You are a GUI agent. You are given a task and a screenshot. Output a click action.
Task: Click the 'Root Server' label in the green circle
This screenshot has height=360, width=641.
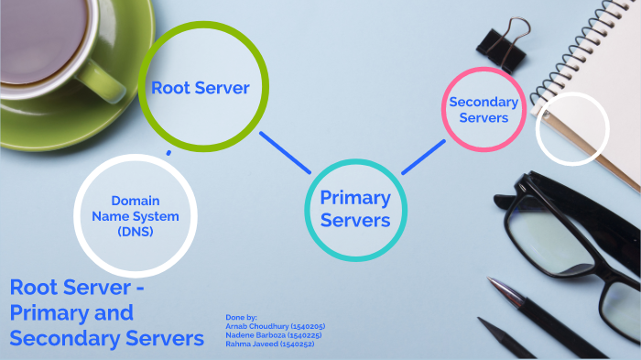coord(201,88)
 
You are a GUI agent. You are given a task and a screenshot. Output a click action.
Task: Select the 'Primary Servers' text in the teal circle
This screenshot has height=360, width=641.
coord(355,209)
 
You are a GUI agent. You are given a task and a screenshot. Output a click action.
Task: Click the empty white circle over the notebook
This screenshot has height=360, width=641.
coord(570,129)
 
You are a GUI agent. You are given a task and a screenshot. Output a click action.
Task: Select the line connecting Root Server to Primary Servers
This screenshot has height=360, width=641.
coord(285,151)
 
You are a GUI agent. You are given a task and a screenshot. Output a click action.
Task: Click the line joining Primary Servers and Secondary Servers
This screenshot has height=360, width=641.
coord(423,156)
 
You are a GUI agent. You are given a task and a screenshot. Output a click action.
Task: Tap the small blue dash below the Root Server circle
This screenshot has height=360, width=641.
coord(168,152)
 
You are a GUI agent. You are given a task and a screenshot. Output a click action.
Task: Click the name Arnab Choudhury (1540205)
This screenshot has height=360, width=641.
coord(275,326)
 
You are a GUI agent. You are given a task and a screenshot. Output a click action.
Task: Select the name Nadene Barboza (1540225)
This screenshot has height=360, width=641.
coord(274,335)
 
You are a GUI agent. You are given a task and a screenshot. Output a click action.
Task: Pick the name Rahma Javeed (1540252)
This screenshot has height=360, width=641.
coord(269,344)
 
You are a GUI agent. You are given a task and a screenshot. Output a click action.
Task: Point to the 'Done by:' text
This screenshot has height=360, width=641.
coord(241,317)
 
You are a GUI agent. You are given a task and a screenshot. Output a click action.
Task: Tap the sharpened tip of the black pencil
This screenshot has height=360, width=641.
coord(480,322)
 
